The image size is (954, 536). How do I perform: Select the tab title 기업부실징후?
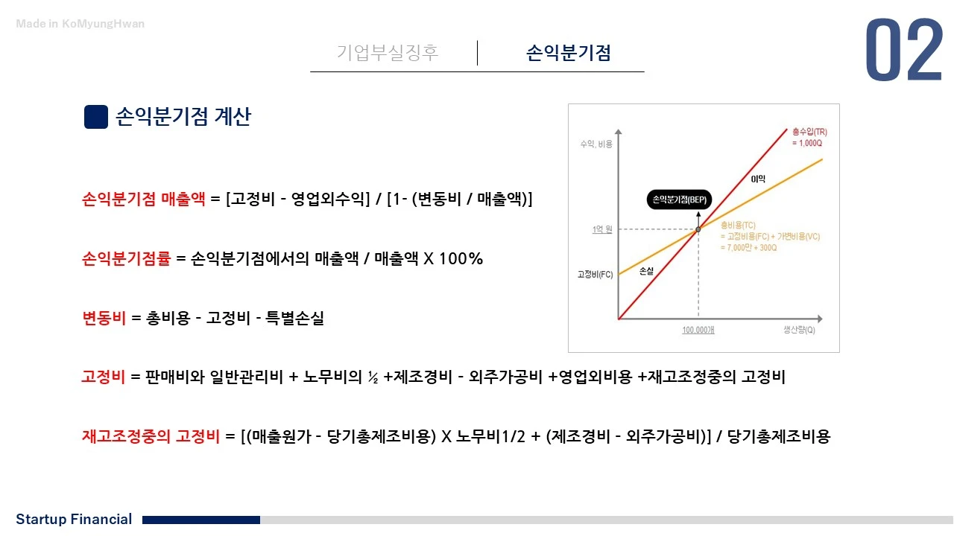[x=388, y=53]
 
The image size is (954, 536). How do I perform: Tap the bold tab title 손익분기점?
[x=569, y=53]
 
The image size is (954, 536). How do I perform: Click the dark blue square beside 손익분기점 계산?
[x=96, y=117]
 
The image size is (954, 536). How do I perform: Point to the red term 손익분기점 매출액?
[x=143, y=200]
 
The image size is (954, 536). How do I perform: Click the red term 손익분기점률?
[x=126, y=259]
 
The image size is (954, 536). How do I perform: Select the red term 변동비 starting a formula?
[x=104, y=319]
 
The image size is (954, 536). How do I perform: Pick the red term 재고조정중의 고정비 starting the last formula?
[x=151, y=437]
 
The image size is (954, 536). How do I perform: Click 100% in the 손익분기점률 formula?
[x=461, y=259]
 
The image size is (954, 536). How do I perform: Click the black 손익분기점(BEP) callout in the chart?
[x=679, y=200]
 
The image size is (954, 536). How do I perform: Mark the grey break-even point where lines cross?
[x=698, y=229]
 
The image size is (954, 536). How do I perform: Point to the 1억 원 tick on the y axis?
[x=602, y=229]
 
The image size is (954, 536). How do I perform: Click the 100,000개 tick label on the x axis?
[x=698, y=329]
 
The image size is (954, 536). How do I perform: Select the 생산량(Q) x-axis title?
[x=799, y=329]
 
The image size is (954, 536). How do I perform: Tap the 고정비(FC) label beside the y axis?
[x=595, y=274]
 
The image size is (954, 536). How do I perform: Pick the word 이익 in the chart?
[x=758, y=178]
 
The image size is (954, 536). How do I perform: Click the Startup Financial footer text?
[x=74, y=520]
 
